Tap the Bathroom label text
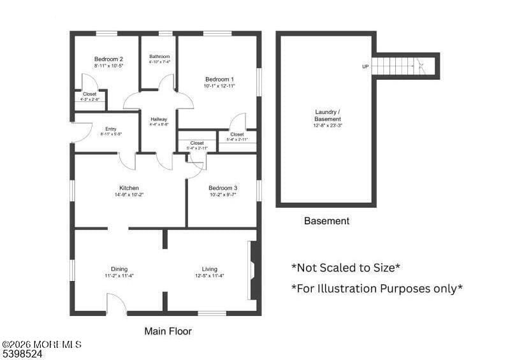pos(159,56)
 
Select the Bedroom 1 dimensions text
pos(219,85)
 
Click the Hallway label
pos(159,119)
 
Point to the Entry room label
pos(110,129)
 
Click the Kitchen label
pos(129,188)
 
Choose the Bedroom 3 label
pos(222,188)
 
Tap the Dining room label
pos(119,269)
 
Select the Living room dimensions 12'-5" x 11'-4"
pos(209,276)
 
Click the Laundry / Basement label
pos(328,115)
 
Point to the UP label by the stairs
pos(365,66)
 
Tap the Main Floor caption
pos(168,331)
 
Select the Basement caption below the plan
pos(326,221)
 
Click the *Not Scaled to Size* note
pos(346,268)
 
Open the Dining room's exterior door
pos(116,305)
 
